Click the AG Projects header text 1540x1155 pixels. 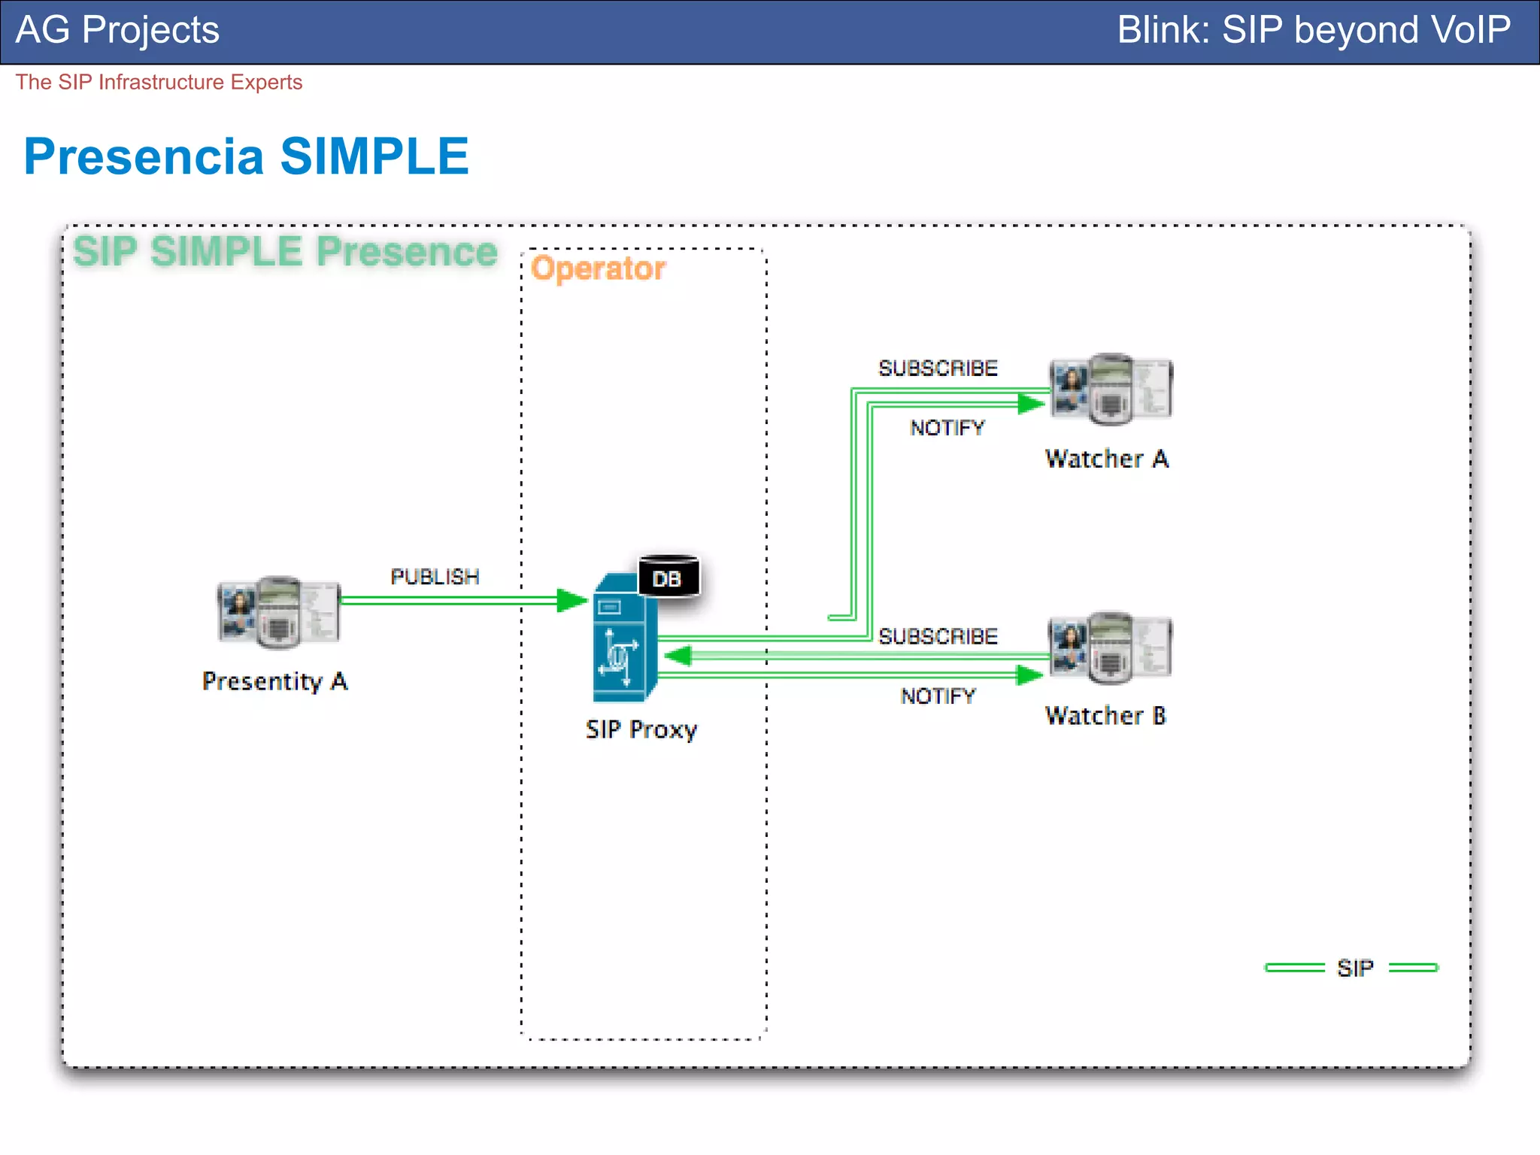coord(117,30)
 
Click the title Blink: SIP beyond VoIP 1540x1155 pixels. coord(1313,30)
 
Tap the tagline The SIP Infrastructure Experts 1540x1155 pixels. coord(159,82)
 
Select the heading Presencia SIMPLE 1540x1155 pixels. coord(246,156)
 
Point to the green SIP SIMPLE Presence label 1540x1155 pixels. coord(285,251)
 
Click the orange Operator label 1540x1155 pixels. coord(598,268)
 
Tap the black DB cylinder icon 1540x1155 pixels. coord(668,577)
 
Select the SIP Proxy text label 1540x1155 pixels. coord(641,729)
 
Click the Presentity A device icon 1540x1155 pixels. coord(278,612)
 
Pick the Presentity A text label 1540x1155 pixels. coord(274,681)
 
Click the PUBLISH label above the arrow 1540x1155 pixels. coord(435,577)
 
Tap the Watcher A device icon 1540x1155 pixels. coord(1111,390)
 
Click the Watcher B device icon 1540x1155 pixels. coord(1111,648)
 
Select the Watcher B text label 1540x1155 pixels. coord(1105,716)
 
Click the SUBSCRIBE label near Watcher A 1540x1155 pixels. coord(938,368)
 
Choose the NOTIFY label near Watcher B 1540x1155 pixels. coord(938,696)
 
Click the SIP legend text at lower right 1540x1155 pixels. coord(1355,969)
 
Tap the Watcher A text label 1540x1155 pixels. coord(1106,459)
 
